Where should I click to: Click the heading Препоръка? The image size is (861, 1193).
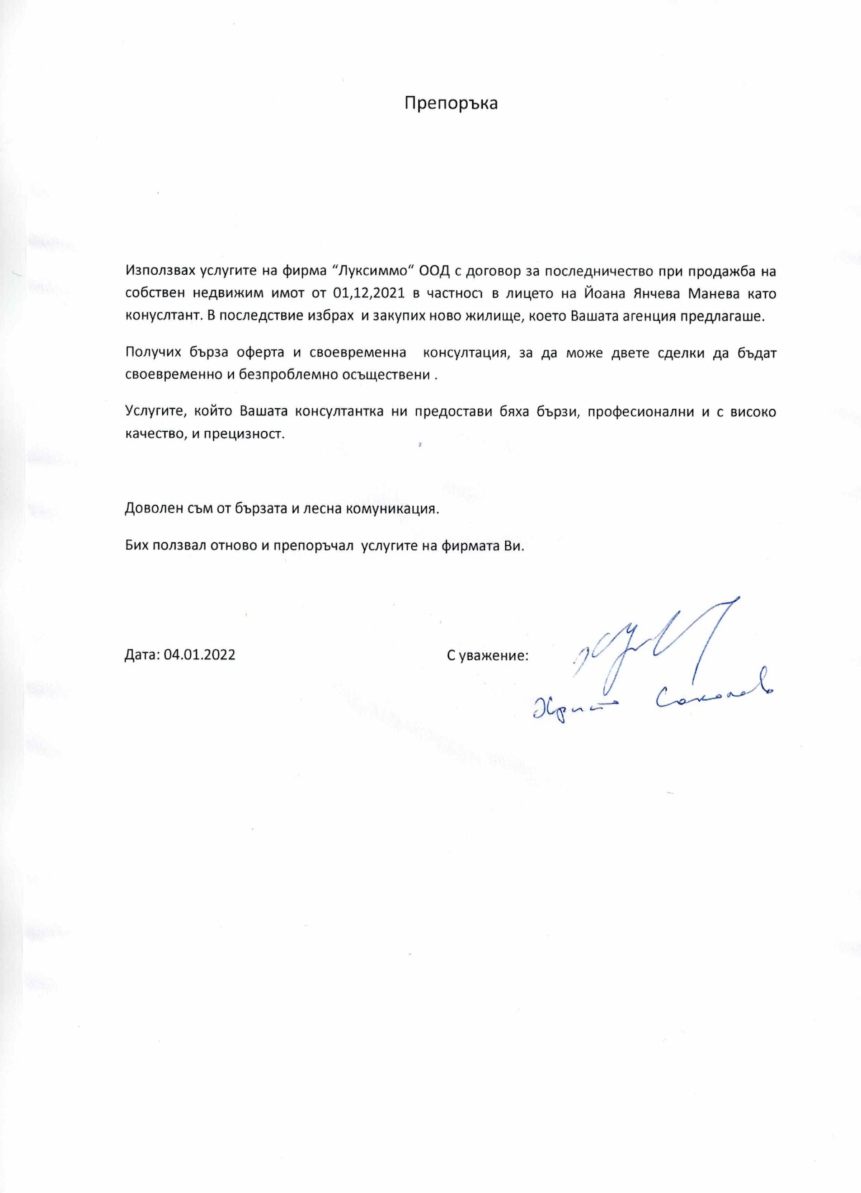(x=451, y=103)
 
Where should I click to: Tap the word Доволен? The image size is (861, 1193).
(x=154, y=509)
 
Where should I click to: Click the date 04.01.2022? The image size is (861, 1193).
(x=199, y=655)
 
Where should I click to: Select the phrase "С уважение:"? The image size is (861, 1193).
(x=487, y=655)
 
